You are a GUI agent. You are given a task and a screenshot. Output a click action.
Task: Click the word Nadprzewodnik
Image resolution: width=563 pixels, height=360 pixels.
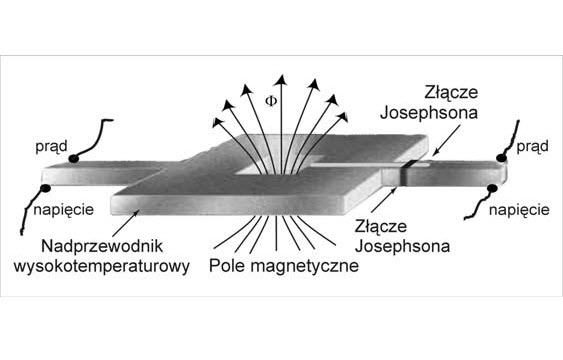pos(93,245)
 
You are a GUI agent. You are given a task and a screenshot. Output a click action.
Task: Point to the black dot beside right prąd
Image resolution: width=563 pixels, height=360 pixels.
pos(506,158)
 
